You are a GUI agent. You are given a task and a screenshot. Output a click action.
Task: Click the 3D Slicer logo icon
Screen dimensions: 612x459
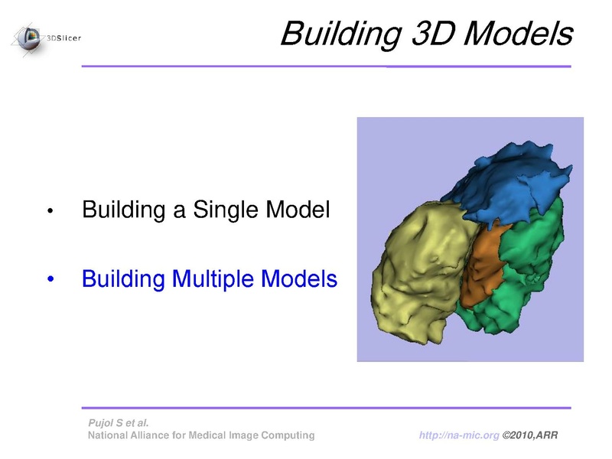pos(28,39)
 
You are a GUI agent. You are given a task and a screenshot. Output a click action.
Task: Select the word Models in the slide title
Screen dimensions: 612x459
pos(519,34)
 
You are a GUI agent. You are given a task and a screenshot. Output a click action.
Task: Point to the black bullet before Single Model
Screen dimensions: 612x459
pos(50,211)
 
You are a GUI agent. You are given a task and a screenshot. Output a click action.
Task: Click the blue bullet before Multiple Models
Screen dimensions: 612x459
pos(50,279)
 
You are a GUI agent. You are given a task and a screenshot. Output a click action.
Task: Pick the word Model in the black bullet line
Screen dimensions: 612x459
pos(298,209)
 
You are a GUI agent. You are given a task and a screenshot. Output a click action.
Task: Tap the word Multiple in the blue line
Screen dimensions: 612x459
pos(213,280)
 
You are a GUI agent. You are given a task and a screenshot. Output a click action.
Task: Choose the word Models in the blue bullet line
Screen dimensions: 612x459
pos(299,278)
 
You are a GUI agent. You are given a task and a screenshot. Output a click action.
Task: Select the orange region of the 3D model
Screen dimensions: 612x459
pos(482,265)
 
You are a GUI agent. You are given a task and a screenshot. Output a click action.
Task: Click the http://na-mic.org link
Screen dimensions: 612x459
pos(459,435)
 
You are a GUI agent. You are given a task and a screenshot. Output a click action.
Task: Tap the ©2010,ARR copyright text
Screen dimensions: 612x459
pos(530,435)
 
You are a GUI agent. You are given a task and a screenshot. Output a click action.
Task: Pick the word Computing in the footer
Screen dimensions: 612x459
pos(288,435)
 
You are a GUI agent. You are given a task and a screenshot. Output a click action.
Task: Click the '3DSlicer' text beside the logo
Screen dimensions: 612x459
pos(63,37)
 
